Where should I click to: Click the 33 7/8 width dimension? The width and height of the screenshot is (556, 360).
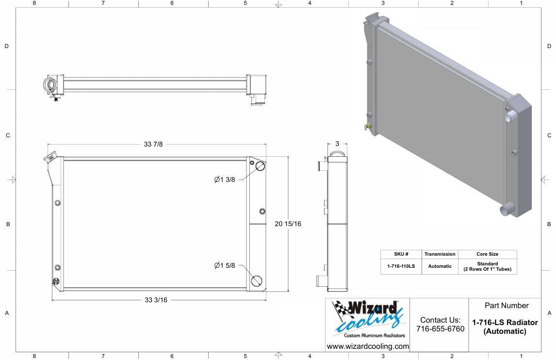click(x=153, y=144)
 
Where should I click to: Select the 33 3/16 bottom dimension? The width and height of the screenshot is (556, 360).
click(x=156, y=300)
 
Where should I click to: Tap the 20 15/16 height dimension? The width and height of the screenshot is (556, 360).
click(x=288, y=224)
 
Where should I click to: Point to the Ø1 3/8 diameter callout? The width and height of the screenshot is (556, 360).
click(x=225, y=180)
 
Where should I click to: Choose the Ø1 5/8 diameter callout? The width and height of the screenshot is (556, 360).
click(x=225, y=265)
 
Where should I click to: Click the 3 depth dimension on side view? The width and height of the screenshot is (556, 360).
click(x=337, y=144)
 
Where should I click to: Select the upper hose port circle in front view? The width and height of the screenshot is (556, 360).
click(x=260, y=166)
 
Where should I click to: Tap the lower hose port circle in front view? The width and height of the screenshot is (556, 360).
click(x=257, y=280)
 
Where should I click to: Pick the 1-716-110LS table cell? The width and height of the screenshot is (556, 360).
click(x=401, y=266)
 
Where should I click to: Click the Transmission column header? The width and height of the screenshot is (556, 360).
click(x=440, y=254)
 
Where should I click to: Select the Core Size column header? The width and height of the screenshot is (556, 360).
click(x=487, y=254)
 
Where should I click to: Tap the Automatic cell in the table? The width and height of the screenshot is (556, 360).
click(x=440, y=266)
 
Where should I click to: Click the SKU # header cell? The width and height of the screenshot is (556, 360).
click(x=401, y=254)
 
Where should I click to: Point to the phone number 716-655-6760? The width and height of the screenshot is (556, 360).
click(x=440, y=329)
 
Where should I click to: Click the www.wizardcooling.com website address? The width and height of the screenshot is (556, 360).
click(x=368, y=346)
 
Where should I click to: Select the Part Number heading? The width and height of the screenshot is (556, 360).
click(x=506, y=306)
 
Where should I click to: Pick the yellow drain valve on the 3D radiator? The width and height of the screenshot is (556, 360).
click(x=368, y=127)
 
